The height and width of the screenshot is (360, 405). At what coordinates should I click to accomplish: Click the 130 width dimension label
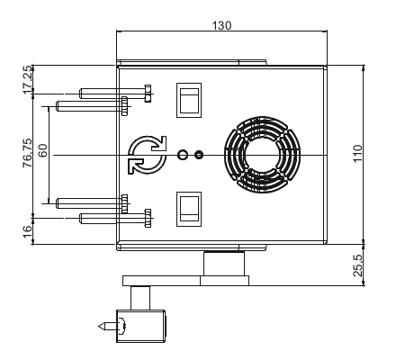[221, 25]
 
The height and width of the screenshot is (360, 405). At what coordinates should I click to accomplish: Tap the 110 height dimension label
[357, 153]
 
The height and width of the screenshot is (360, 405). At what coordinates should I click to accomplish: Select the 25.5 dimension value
[357, 265]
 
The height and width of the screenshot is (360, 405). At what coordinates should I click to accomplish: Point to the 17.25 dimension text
[27, 79]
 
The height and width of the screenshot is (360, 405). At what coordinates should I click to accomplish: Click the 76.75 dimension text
[27, 153]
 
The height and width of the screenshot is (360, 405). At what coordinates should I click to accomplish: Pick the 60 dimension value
[43, 150]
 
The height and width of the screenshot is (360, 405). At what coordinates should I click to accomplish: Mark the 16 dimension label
[27, 231]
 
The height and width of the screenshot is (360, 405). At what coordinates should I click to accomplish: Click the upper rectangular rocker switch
[189, 100]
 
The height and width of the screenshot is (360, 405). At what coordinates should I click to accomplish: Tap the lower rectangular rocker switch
[189, 209]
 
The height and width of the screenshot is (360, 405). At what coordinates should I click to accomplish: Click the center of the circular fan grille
[262, 155]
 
